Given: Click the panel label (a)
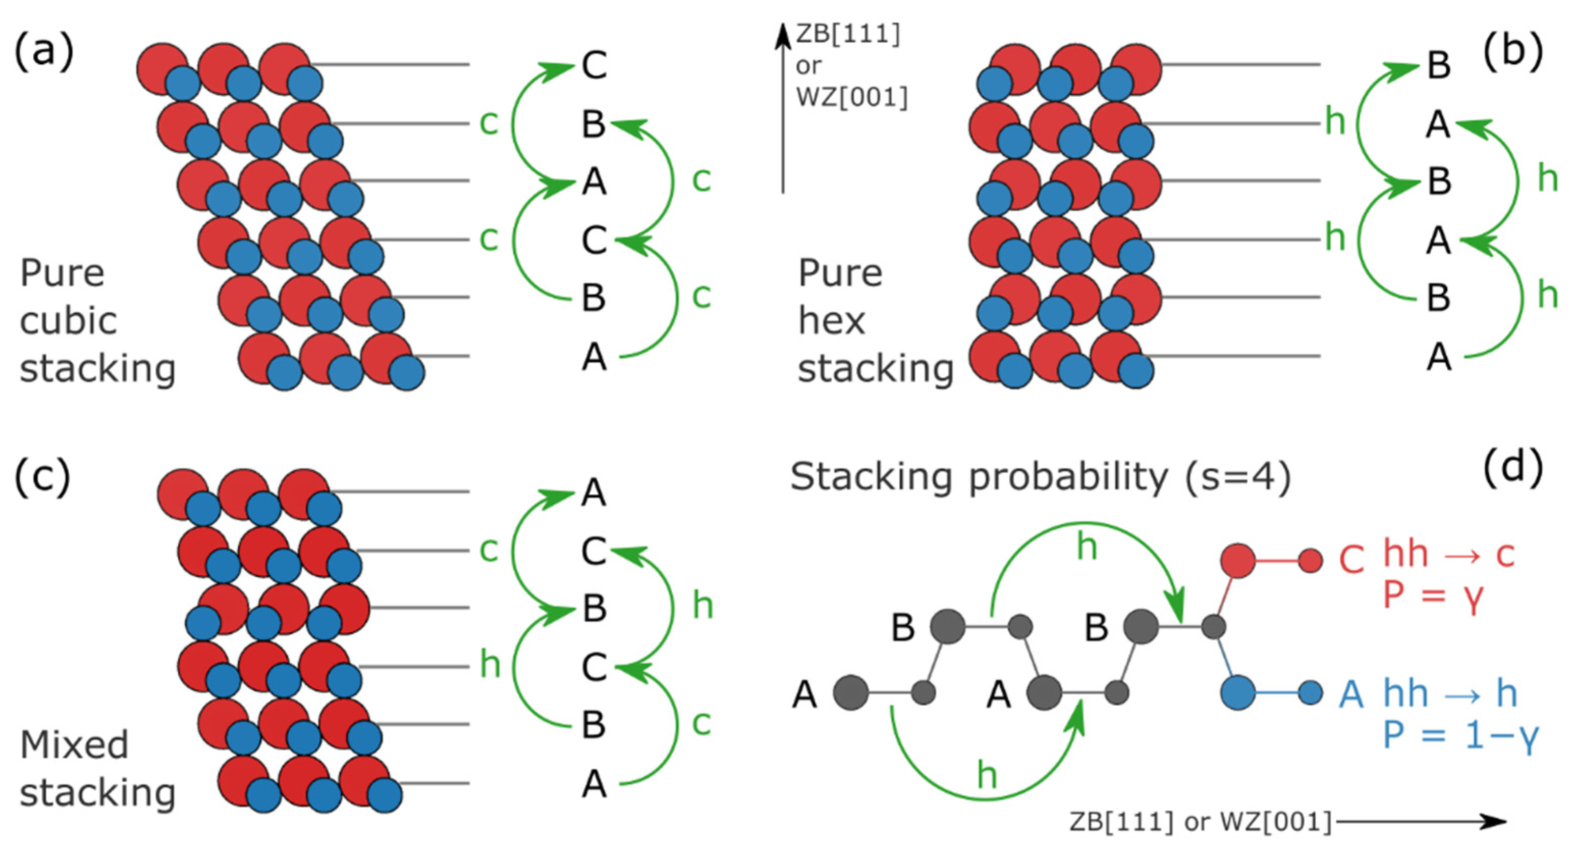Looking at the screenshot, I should [43, 51].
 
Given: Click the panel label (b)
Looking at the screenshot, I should [1512, 51].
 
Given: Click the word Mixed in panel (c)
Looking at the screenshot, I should [74, 745].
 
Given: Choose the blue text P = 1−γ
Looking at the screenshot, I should [1460, 735].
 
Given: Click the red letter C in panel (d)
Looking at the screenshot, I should [1351, 559].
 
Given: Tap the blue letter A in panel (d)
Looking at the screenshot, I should [1351, 694].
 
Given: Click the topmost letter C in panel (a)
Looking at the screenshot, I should [594, 65].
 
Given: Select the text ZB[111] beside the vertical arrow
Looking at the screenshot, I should [847, 34].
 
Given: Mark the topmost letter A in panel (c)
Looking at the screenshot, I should [594, 493].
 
